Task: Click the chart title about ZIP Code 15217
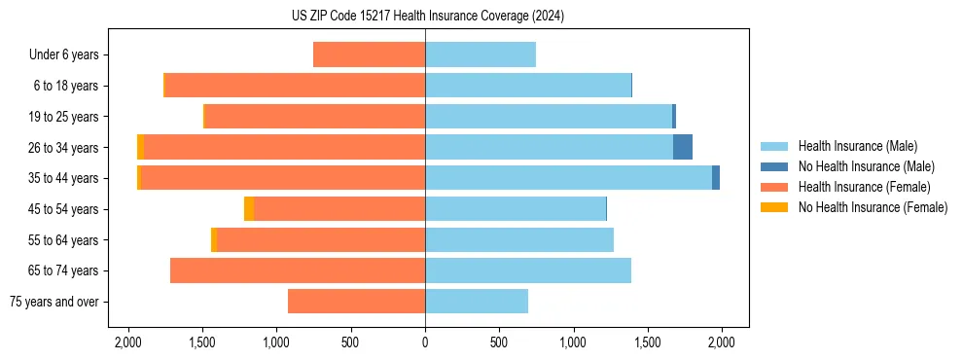click(x=426, y=17)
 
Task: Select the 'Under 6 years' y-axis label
click(x=64, y=55)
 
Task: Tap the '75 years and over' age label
click(x=54, y=302)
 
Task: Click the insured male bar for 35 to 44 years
click(x=568, y=178)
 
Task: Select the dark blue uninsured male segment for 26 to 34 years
click(x=683, y=147)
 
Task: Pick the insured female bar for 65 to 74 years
click(x=298, y=270)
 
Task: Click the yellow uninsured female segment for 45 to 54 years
click(x=249, y=209)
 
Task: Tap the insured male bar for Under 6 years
click(x=481, y=54)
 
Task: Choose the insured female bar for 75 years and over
click(x=356, y=302)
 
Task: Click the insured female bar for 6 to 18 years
click(x=295, y=86)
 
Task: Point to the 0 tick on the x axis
click(x=425, y=342)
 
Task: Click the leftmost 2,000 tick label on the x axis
click(x=128, y=342)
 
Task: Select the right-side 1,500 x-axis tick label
click(x=647, y=342)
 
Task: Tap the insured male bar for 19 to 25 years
click(x=549, y=117)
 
